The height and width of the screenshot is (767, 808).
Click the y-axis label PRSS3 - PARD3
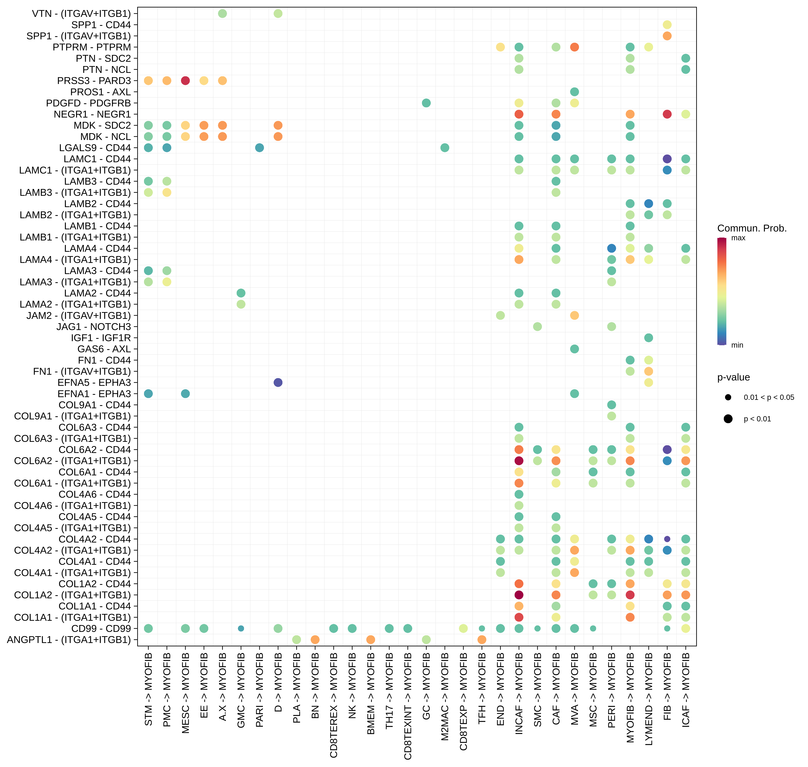tap(94, 81)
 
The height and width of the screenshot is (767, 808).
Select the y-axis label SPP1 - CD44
tap(101, 25)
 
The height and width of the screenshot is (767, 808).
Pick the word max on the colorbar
tap(738, 238)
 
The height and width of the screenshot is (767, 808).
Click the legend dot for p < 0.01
tap(728, 419)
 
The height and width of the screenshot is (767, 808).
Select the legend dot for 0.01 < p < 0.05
tap(728, 397)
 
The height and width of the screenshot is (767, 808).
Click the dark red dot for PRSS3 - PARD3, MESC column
tap(185, 81)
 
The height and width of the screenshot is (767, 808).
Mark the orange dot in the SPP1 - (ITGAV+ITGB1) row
tap(667, 36)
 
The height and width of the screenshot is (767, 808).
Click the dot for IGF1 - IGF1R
tap(648, 338)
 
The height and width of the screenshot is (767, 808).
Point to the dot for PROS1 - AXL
tap(574, 92)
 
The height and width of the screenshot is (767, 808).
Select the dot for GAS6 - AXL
tap(574, 349)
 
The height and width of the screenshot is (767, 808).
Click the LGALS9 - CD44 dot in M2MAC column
tap(445, 148)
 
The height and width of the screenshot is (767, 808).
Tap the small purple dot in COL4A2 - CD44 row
tap(667, 539)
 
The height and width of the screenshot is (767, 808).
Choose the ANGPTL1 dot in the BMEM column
tap(371, 639)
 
